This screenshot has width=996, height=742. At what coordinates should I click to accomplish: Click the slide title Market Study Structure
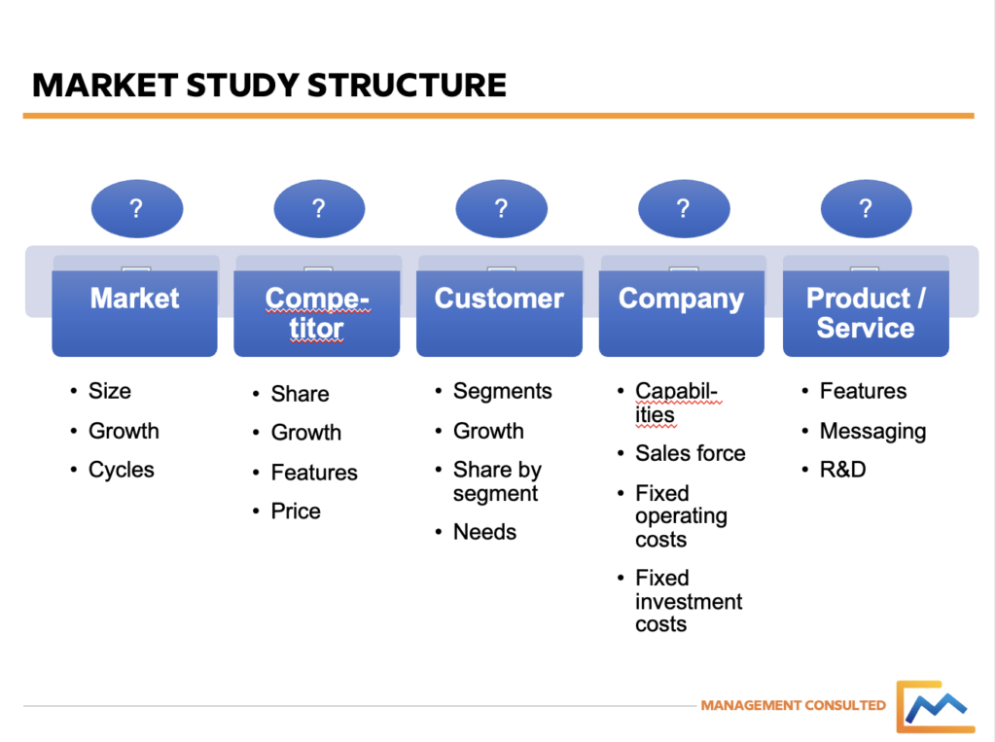tap(269, 85)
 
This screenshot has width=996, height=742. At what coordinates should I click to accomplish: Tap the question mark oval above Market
tap(136, 208)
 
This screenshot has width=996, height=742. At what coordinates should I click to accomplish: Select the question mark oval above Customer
tap(501, 208)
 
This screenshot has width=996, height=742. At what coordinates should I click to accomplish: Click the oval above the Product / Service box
tap(866, 208)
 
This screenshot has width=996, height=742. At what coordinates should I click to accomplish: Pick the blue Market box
tap(134, 306)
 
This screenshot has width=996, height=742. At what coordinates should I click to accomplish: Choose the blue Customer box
tap(499, 306)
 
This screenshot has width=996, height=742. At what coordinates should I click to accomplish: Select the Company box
tap(682, 306)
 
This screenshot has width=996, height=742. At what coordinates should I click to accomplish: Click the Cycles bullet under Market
tap(121, 470)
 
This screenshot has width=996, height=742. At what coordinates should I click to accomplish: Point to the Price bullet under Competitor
tap(296, 512)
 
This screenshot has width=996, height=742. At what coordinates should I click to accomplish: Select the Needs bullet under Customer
tap(484, 532)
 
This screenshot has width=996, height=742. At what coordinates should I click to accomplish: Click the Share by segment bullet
tap(497, 481)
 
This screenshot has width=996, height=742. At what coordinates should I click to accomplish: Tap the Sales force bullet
tap(690, 453)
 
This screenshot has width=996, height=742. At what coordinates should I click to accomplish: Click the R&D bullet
tap(842, 470)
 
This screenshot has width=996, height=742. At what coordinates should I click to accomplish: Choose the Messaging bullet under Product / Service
tap(872, 431)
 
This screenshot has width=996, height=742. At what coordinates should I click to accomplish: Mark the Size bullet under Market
tap(109, 391)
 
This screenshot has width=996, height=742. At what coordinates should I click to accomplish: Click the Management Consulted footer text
tap(793, 705)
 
